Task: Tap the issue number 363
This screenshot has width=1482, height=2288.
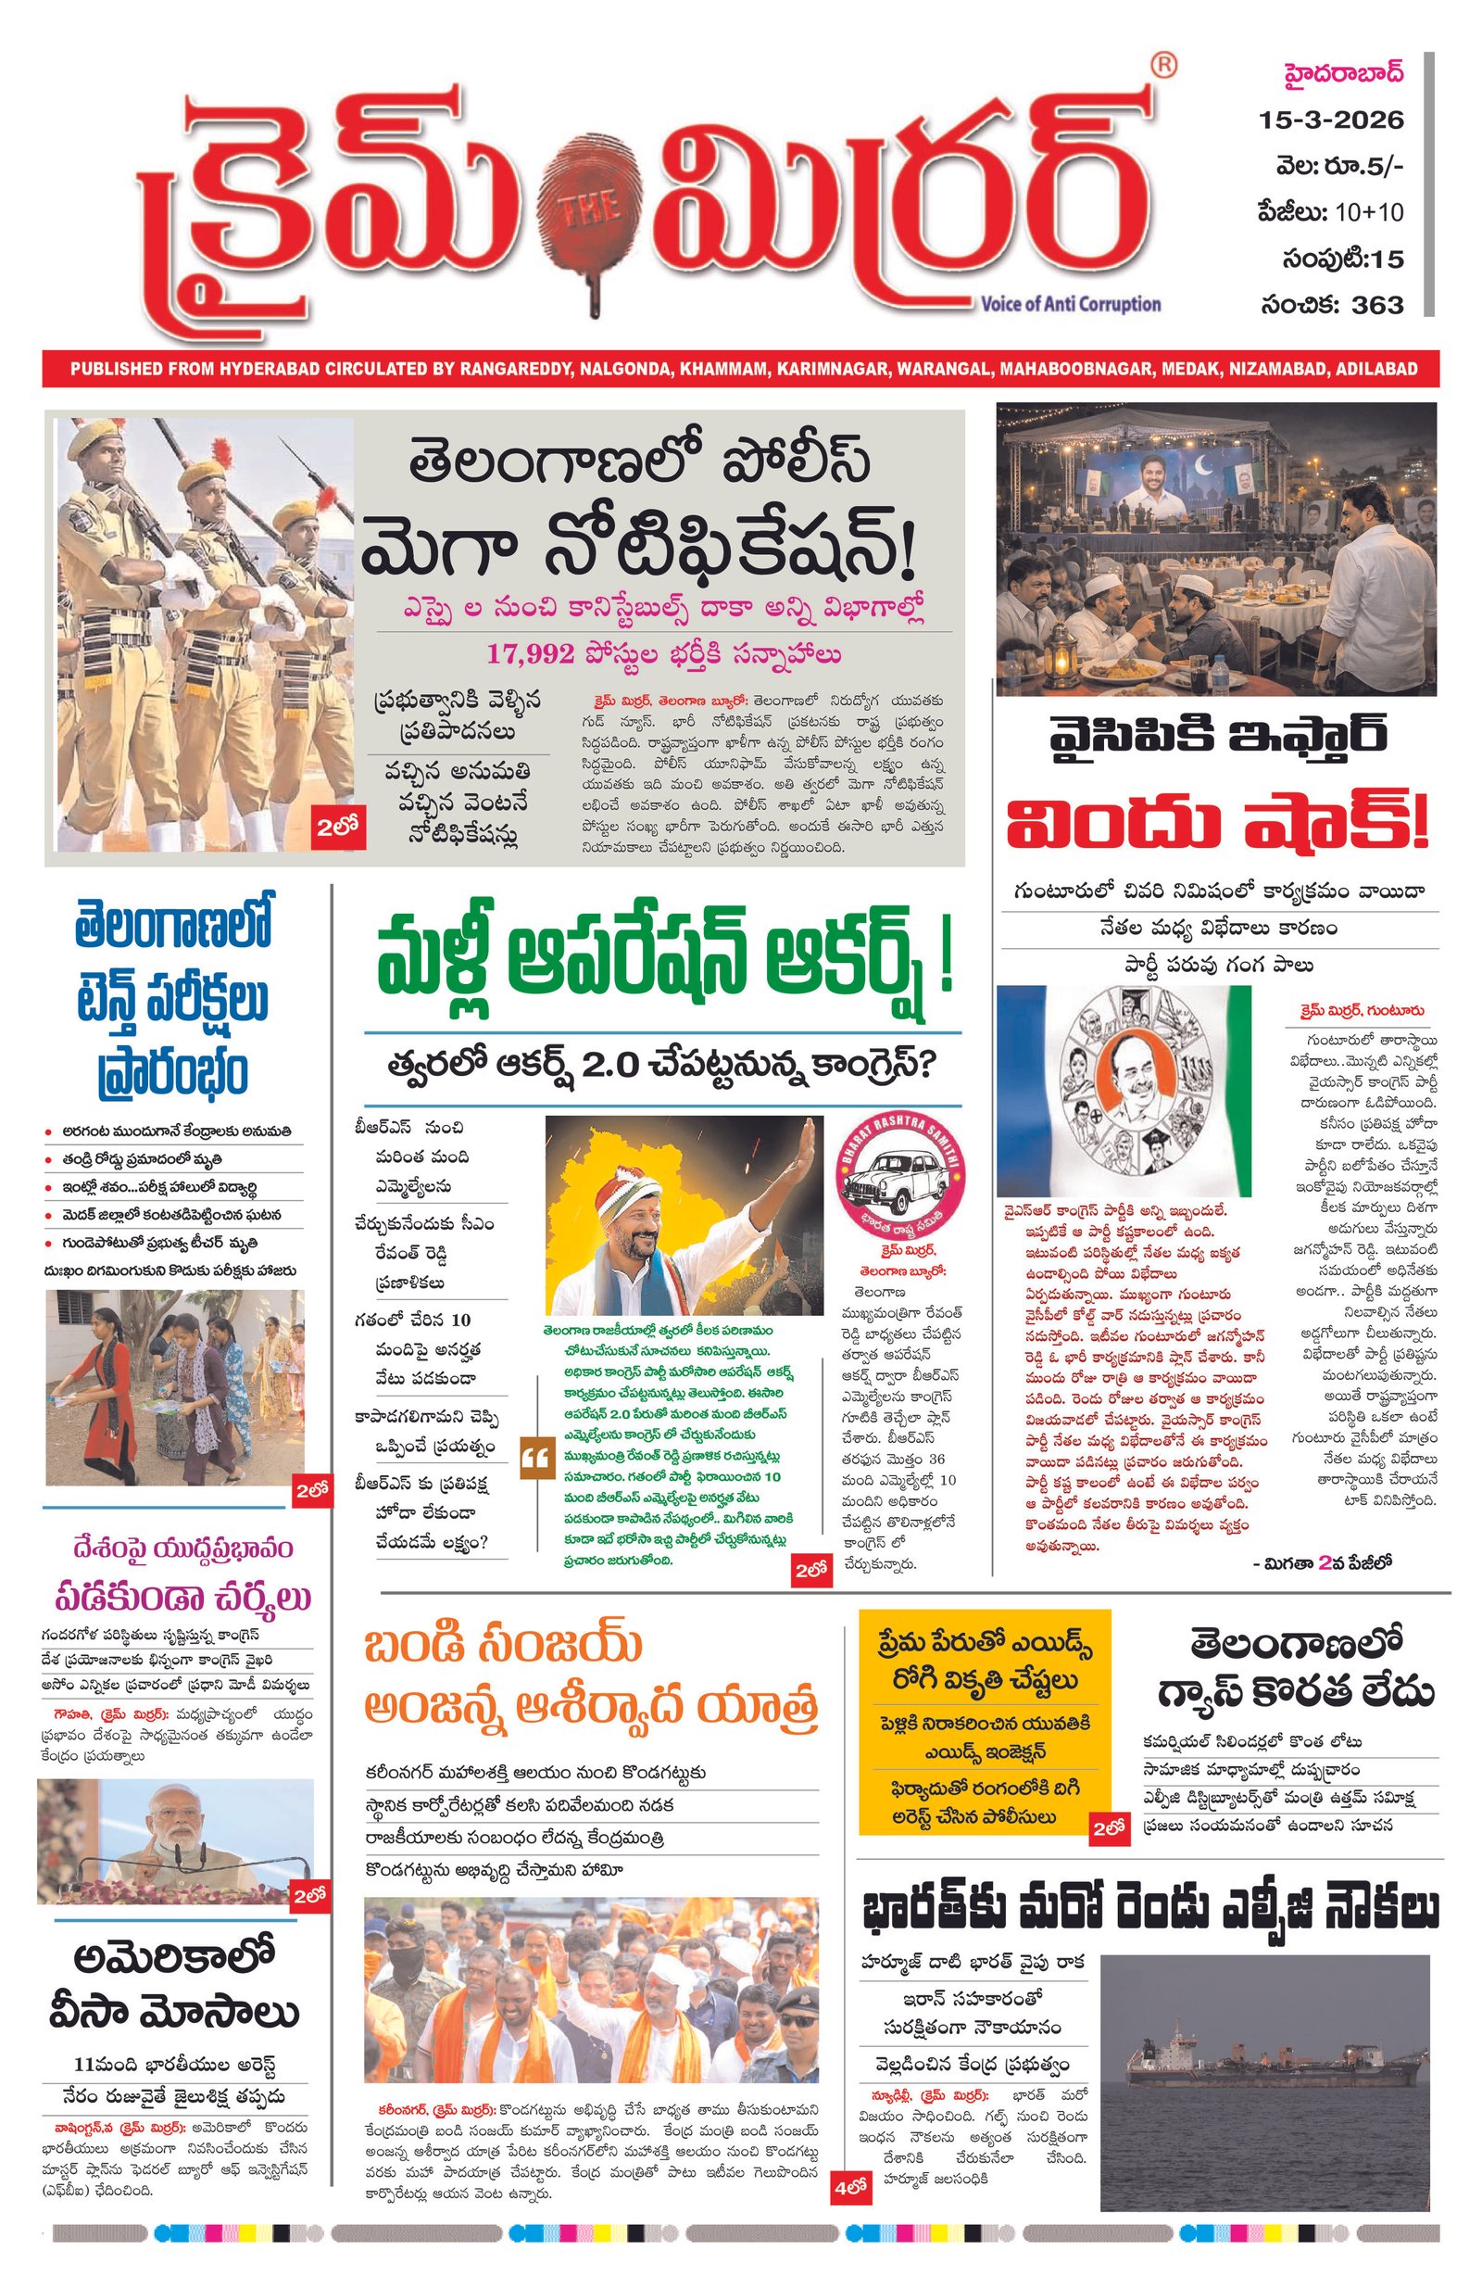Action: (x=1376, y=305)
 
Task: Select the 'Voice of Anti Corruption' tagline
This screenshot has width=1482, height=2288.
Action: (x=1070, y=304)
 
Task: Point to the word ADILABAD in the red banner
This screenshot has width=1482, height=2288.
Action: (x=1375, y=368)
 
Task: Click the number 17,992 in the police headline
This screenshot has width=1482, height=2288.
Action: (x=530, y=654)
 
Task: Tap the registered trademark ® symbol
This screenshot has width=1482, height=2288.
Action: (x=1163, y=66)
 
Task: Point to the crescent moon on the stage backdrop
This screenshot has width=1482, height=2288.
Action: (x=1206, y=471)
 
